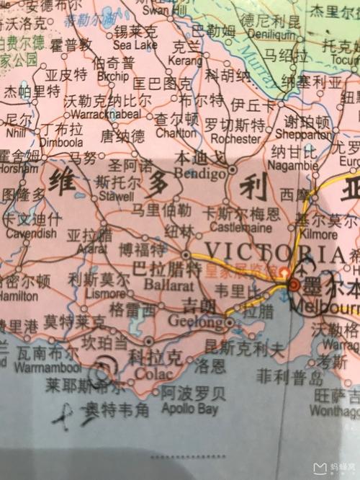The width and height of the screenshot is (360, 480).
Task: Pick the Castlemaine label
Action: [238, 228]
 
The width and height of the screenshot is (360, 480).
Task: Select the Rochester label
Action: [233, 138]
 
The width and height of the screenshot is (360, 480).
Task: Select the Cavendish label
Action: [31, 233]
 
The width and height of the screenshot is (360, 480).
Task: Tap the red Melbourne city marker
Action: [294, 286]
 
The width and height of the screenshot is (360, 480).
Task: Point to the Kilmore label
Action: [318, 234]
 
